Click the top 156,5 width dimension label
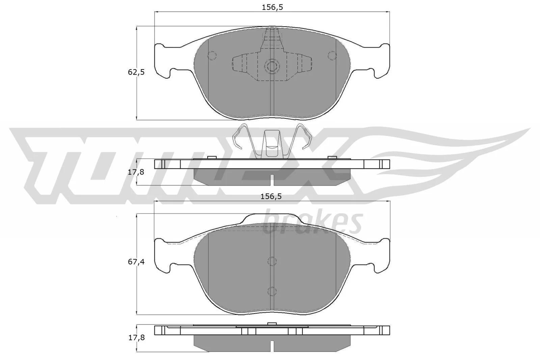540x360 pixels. [x=272, y=8]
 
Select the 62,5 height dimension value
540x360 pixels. [x=136, y=72]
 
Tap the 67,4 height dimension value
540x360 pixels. [x=136, y=261]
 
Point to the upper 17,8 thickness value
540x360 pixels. [x=136, y=172]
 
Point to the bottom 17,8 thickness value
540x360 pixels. [x=136, y=337]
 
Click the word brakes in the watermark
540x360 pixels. [x=312, y=223]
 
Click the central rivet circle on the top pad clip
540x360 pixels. [x=272, y=66]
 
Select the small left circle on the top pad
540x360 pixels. [x=212, y=55]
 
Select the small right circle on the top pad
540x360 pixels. [x=332, y=55]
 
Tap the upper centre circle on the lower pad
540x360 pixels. [x=272, y=261]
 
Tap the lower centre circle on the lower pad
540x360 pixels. [x=272, y=291]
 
